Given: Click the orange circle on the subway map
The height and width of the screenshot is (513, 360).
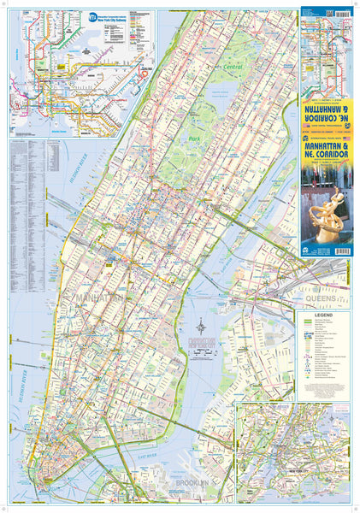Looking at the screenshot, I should coord(143,72).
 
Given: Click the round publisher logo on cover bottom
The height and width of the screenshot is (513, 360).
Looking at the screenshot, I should coord(306,249).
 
